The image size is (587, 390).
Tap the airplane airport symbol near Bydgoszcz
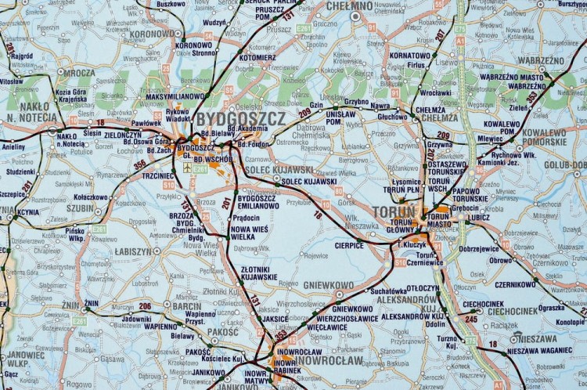click(186, 168)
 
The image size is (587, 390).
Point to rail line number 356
click(140, 164)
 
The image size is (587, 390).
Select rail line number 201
click(226, 203)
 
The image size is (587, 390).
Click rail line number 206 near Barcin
click(145, 306)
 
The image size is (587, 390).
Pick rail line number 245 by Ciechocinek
click(471, 319)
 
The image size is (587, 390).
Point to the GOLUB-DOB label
click(564, 165)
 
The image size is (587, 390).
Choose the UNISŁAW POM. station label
click(340, 117)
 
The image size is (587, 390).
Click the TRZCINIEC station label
click(158, 175)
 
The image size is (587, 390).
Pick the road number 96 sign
click(479, 169)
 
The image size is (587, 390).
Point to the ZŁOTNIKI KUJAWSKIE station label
click(259, 273)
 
